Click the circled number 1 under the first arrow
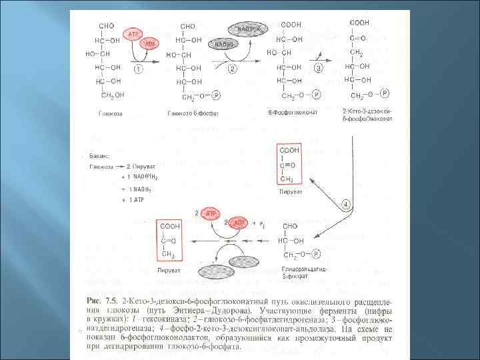(x=137, y=69)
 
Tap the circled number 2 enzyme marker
(x=233, y=69)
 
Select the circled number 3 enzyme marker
(x=319, y=69)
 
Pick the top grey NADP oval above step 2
(x=248, y=28)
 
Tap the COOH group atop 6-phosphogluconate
(x=291, y=25)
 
